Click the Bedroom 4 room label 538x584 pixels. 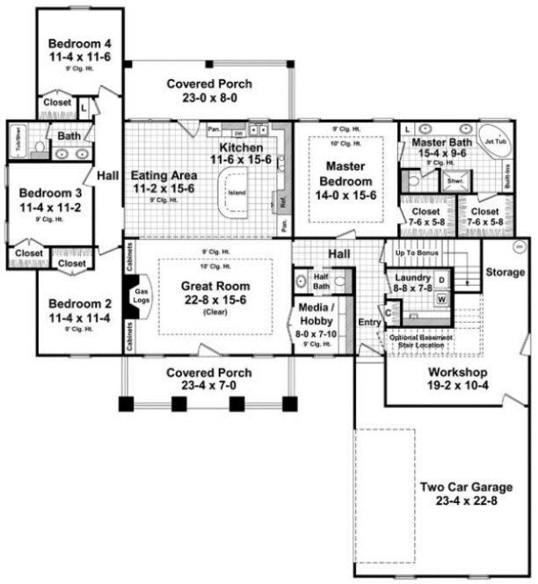[x=80, y=44]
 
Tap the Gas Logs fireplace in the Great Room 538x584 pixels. [x=141, y=300]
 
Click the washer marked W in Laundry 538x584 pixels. [x=441, y=298]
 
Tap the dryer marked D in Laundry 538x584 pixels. [x=441, y=281]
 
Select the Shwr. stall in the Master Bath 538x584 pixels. [x=455, y=183]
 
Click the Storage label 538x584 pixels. [x=505, y=273]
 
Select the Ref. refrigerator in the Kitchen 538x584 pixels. [x=284, y=200]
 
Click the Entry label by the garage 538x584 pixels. [x=368, y=322]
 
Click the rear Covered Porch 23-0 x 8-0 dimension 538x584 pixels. [x=209, y=99]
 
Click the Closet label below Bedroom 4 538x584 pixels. [x=56, y=102]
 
